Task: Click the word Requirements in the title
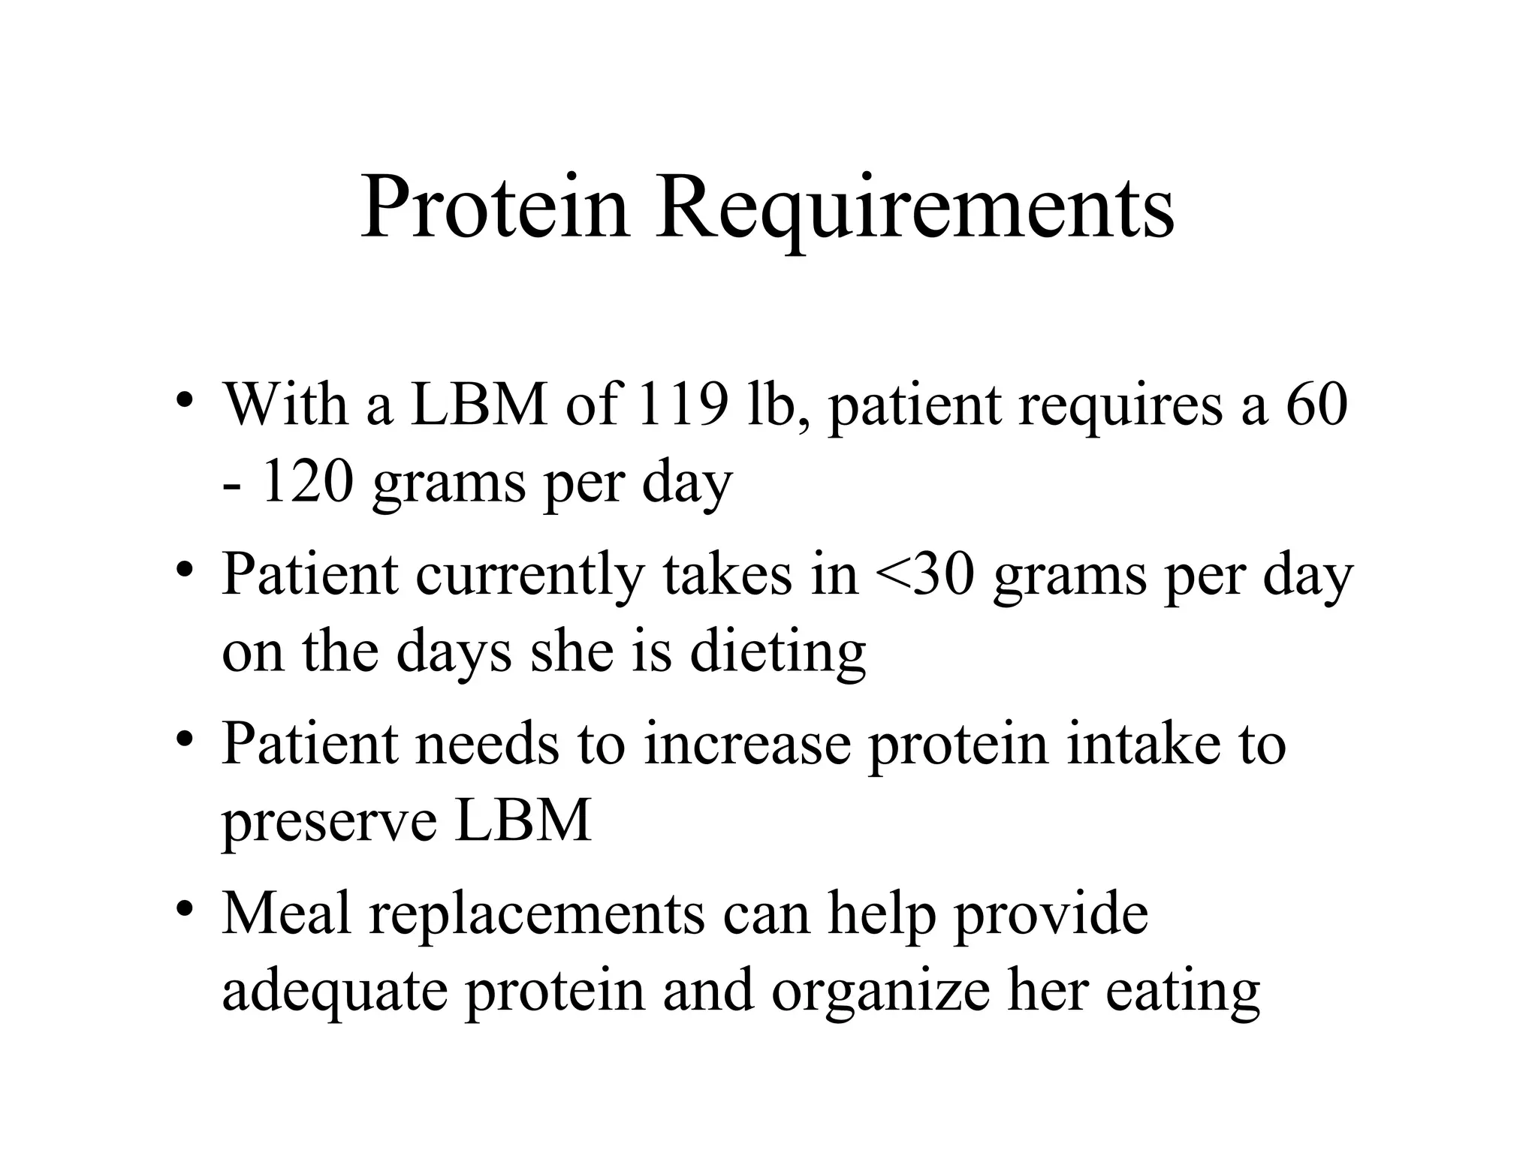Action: coord(915,209)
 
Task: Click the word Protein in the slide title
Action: coord(495,207)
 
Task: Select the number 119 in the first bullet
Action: coord(682,405)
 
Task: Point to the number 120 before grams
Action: coord(307,483)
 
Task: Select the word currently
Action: coord(529,576)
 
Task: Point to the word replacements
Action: coord(537,916)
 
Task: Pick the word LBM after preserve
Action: coord(523,821)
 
